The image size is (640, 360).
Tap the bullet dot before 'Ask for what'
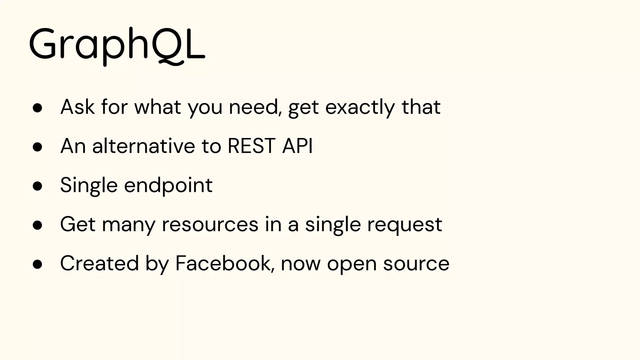click(x=37, y=108)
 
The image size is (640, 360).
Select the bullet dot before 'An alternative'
click(x=37, y=147)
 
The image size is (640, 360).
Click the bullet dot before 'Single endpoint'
click(x=37, y=186)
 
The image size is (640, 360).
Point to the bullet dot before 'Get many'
click(x=37, y=225)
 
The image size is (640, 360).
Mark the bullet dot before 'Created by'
click(x=37, y=264)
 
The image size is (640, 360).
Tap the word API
click(x=297, y=146)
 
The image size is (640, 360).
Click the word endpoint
click(x=168, y=186)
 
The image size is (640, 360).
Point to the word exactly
click(x=360, y=107)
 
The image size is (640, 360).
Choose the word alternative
click(x=144, y=146)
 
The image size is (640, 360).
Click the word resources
click(x=210, y=224)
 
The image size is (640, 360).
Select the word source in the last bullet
click(x=416, y=263)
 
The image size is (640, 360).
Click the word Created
click(x=99, y=263)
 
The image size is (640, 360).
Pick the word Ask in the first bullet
click(x=77, y=107)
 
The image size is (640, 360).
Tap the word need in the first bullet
click(x=253, y=107)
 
